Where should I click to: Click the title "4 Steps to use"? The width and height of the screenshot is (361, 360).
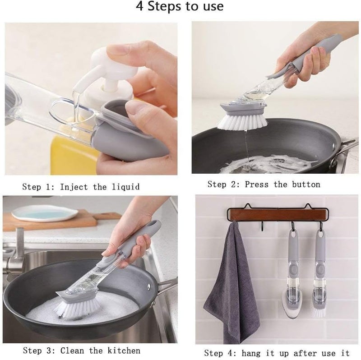click(180, 6)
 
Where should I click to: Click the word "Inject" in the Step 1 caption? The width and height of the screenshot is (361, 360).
click(74, 187)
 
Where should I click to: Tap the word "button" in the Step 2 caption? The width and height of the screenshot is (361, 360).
click(306, 185)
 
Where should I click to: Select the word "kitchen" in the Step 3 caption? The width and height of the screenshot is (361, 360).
click(124, 351)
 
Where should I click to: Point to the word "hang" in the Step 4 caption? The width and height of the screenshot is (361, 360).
click(250, 353)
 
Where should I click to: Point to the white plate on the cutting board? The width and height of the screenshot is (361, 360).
click(44, 213)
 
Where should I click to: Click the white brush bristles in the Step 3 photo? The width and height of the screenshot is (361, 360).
click(77, 308)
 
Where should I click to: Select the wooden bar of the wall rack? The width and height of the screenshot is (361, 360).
click(278, 215)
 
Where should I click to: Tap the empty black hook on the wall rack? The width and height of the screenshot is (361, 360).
click(263, 226)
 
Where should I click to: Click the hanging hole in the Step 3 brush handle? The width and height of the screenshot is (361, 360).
click(153, 223)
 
